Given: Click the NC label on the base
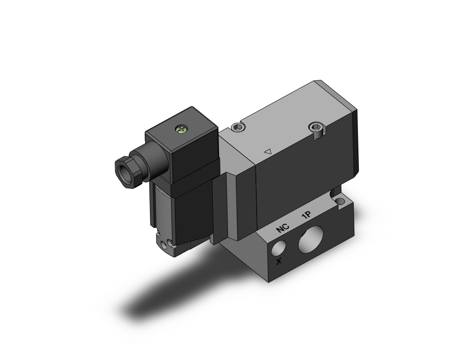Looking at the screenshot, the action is pos(282,228).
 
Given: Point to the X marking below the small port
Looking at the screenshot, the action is pos(279,261).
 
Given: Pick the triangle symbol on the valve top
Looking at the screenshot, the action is pos(268,151).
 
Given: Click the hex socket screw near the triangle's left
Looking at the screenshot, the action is pos(237,128).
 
